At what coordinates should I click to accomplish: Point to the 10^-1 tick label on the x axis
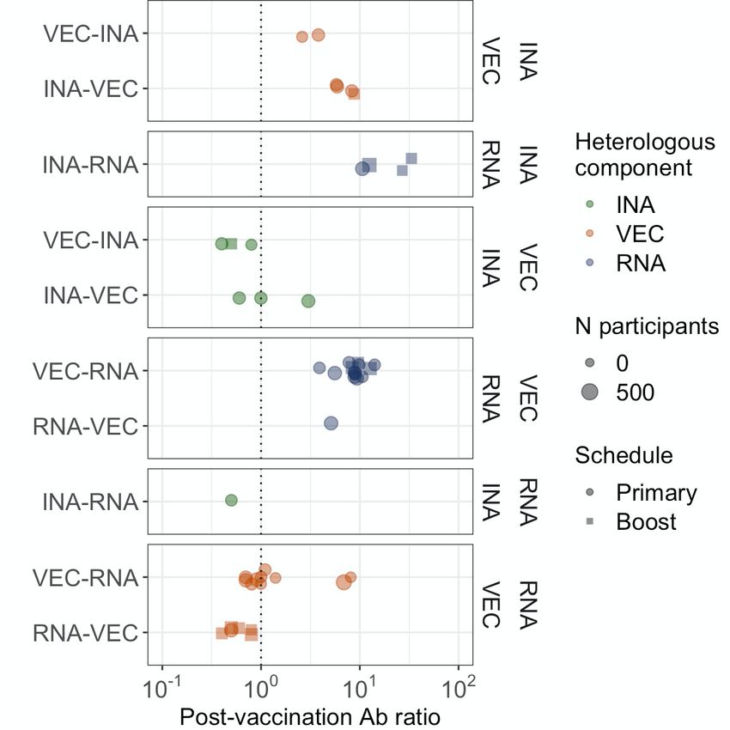click(x=161, y=688)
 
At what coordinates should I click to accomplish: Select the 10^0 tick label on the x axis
click(x=260, y=688)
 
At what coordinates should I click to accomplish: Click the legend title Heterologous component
click(x=644, y=155)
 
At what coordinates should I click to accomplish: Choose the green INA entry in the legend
click(x=636, y=205)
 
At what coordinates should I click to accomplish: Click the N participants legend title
click(x=647, y=326)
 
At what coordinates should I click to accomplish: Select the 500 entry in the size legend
click(x=636, y=392)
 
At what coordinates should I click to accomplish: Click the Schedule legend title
click(x=624, y=455)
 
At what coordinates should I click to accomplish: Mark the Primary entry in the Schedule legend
click(x=655, y=493)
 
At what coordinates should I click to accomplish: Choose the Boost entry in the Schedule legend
click(x=646, y=521)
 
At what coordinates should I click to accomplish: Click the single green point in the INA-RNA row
click(x=231, y=500)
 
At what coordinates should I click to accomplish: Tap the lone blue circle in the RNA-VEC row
click(x=331, y=423)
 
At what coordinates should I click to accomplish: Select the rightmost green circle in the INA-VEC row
click(x=308, y=301)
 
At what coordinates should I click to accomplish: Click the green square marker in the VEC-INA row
click(x=232, y=244)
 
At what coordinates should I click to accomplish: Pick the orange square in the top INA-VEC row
click(x=354, y=93)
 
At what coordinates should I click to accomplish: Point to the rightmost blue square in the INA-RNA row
click(x=411, y=158)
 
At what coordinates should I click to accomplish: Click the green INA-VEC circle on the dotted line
click(x=261, y=298)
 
